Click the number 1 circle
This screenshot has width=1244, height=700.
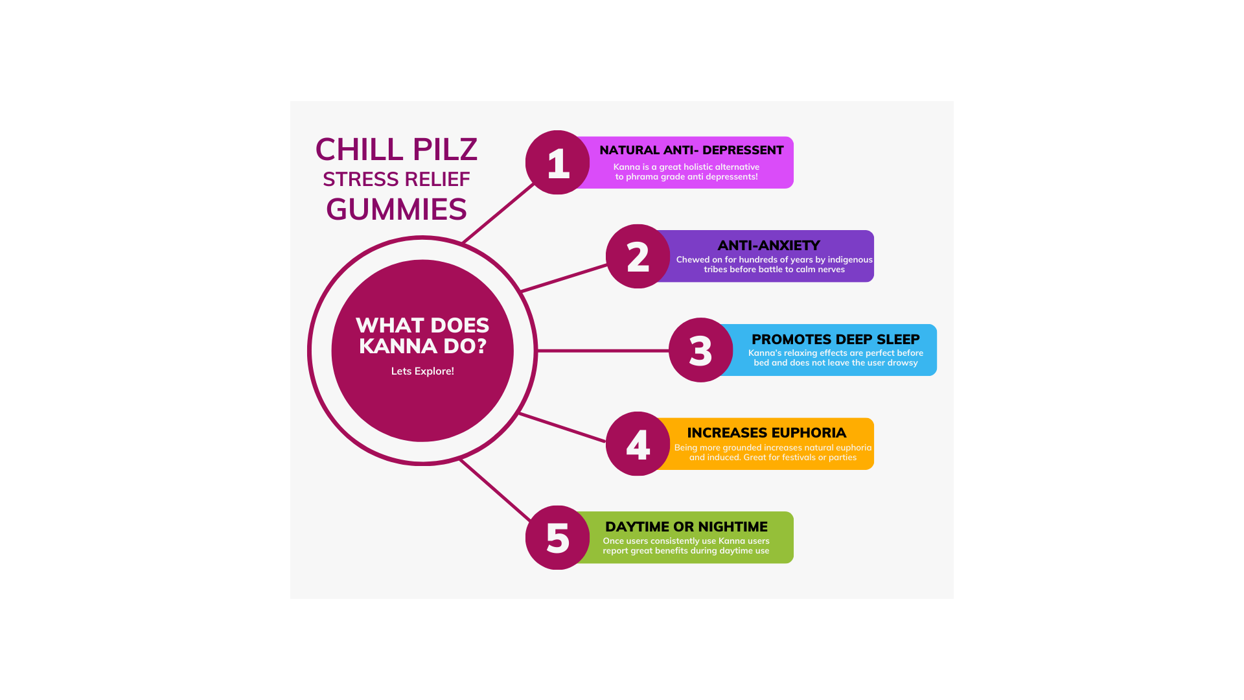coord(557,163)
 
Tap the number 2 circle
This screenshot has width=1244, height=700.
coord(638,257)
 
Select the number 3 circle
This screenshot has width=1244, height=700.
coord(700,350)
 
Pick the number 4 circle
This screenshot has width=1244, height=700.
coord(638,444)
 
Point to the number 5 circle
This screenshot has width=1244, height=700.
coord(557,538)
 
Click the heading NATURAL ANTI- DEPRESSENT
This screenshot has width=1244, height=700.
coord(691,150)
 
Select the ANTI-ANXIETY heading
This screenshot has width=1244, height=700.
coord(768,246)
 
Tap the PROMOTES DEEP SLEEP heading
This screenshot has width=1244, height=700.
coord(835,340)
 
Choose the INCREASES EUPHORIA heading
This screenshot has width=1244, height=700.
coord(766,433)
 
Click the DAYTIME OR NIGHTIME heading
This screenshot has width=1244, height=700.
coord(686,527)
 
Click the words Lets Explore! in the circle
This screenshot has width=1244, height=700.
coord(422,371)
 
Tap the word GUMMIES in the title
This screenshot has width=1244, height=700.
coord(396,210)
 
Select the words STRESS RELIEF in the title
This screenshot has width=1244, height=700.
coord(396,180)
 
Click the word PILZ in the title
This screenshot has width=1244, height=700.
coord(445,150)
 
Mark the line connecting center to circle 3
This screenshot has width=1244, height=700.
coord(603,351)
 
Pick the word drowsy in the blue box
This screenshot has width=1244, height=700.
coord(903,363)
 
